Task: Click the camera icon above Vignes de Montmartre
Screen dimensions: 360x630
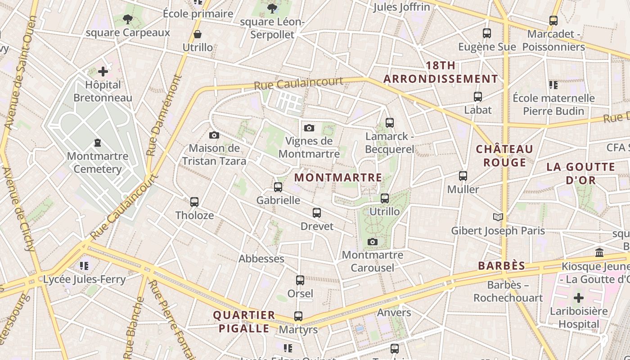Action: click(309, 128)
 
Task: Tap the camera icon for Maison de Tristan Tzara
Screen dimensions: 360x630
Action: click(214, 135)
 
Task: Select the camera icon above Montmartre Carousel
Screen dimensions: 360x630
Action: click(372, 242)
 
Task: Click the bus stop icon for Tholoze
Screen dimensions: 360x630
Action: click(194, 202)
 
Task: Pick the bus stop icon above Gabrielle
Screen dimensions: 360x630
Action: click(278, 187)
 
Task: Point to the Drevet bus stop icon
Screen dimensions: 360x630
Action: click(317, 213)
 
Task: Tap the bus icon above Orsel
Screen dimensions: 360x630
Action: click(300, 280)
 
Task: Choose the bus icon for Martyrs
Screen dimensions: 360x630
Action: click(298, 316)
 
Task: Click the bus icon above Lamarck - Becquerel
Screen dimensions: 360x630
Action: click(390, 122)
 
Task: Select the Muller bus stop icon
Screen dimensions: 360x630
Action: click(463, 176)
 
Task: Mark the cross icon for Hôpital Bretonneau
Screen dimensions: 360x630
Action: click(103, 71)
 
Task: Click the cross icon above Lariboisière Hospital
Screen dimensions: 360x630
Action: click(579, 297)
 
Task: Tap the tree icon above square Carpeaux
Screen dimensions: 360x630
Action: click(128, 19)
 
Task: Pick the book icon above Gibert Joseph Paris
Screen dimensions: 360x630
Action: click(498, 217)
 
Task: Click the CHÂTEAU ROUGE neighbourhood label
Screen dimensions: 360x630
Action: click(504, 156)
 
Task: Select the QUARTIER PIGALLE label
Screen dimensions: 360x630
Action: click(244, 321)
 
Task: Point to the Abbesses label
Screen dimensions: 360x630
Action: click(261, 259)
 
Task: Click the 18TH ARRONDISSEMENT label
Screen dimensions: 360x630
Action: click(441, 72)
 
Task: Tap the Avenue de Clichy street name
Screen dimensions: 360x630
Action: click(18, 209)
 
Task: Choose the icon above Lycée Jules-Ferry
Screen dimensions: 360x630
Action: click(84, 266)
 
